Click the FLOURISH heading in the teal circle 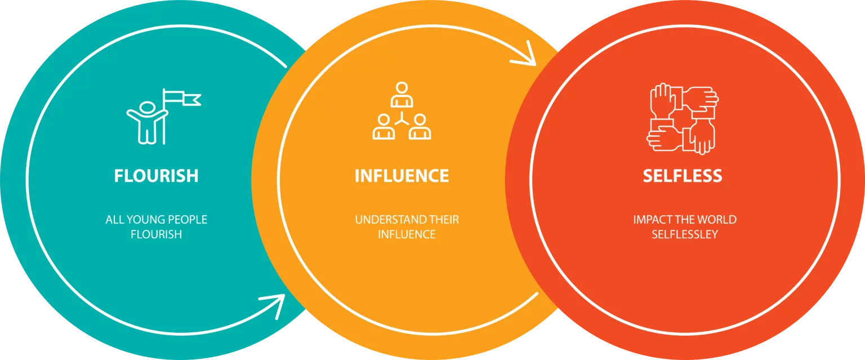[x=156, y=175]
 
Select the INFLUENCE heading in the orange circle [x=402, y=175]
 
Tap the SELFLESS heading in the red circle [x=682, y=175]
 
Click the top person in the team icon [x=402, y=94]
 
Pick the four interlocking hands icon [x=683, y=119]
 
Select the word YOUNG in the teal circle [x=148, y=220]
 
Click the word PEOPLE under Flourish [x=188, y=220]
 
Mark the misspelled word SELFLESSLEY [x=685, y=234]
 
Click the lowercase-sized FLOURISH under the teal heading [x=156, y=234]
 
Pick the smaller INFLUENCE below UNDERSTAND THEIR [x=407, y=234]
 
